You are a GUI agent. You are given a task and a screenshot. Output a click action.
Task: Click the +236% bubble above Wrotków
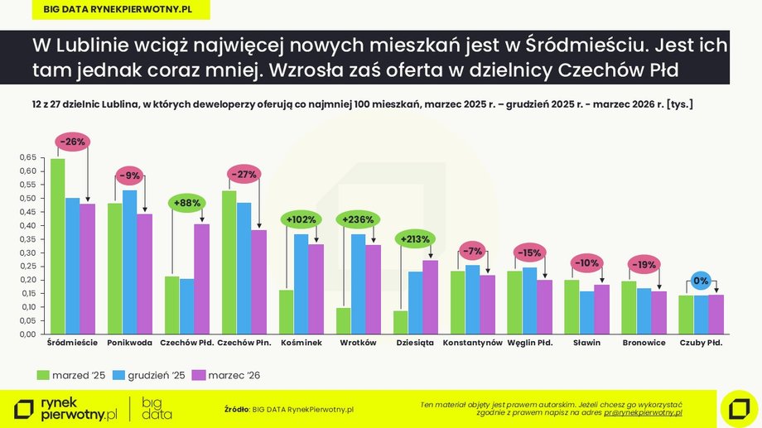pyautogui.click(x=358, y=219)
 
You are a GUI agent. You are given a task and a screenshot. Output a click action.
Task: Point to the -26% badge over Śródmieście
pyautogui.click(x=72, y=142)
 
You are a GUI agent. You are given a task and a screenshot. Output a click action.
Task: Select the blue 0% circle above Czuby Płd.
pyautogui.click(x=701, y=281)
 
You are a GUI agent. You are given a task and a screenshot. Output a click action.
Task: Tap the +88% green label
pyautogui.click(x=187, y=203)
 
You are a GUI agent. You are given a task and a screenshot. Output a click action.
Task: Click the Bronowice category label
pyautogui.click(x=644, y=343)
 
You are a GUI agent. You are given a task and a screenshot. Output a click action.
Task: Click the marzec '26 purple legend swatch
pyautogui.click(x=198, y=375)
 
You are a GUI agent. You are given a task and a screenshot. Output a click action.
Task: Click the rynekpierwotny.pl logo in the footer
pyautogui.click(x=66, y=407)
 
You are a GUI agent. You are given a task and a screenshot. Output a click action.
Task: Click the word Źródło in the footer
pyautogui.click(x=237, y=409)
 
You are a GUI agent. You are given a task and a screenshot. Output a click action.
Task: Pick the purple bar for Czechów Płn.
pyautogui.click(x=258, y=281)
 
